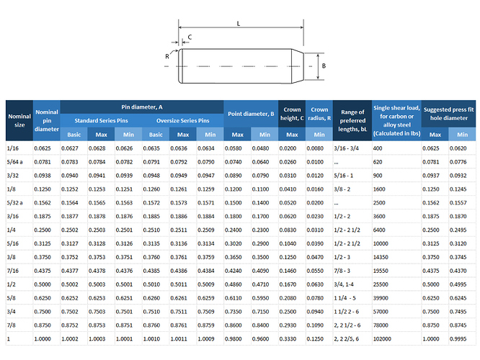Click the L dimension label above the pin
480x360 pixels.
(x=239, y=24)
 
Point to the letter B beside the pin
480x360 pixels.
(x=324, y=66)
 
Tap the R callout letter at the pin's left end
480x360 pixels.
(x=166, y=56)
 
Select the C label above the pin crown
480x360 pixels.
(x=190, y=37)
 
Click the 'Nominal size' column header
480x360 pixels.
(x=19, y=120)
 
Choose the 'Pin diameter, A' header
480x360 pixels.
(x=142, y=107)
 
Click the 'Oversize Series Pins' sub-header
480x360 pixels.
(x=183, y=120)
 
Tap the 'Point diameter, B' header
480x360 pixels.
(x=251, y=114)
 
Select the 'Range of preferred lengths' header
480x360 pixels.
(x=352, y=120)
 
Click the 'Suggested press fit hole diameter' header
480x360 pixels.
(x=448, y=114)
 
